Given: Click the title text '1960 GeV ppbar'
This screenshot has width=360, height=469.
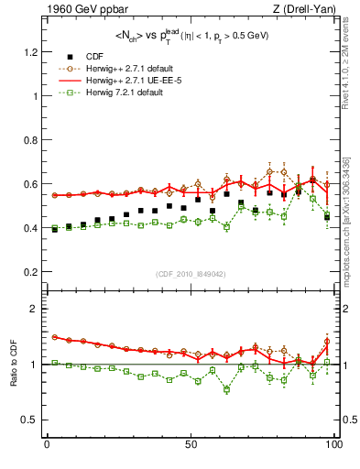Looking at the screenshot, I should (79, 9).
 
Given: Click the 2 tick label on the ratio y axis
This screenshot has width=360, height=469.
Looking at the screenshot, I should (35, 309).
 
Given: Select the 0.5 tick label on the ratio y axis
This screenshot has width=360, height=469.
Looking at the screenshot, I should (32, 420).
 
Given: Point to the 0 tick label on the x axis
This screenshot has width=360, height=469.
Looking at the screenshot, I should (47, 445).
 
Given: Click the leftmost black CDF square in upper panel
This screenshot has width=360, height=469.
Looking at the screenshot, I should (54, 229).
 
